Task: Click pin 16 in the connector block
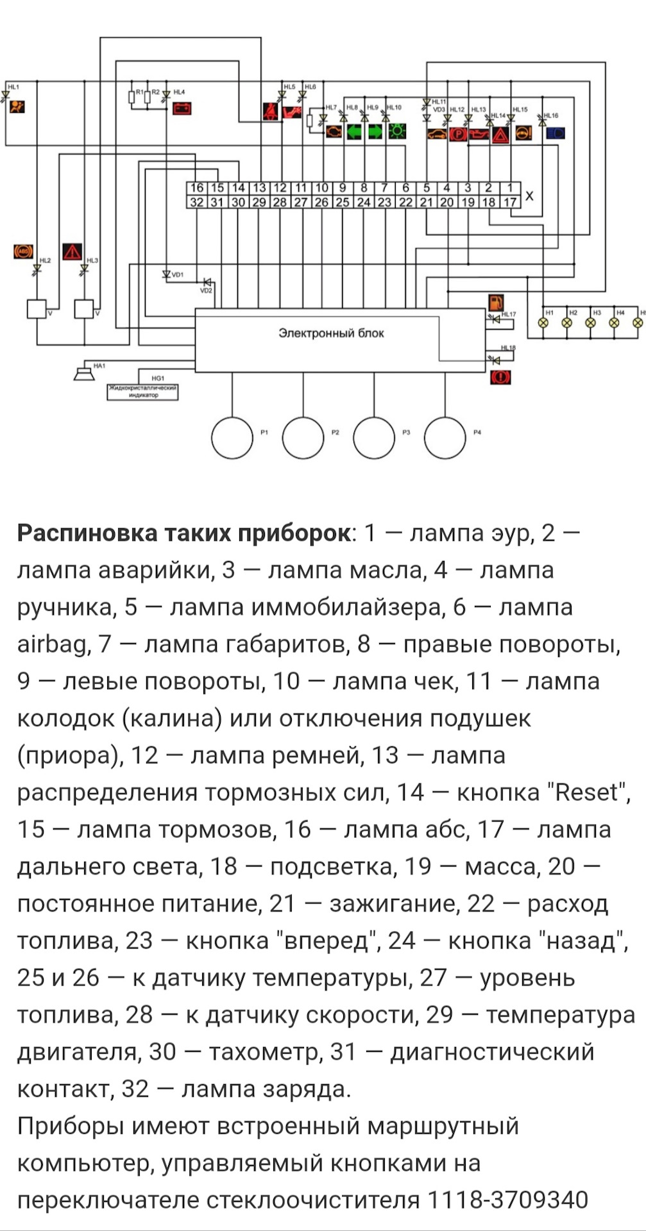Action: tap(197, 188)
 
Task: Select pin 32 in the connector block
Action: tap(197, 203)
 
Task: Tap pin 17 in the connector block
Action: tap(510, 203)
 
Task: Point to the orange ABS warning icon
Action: tap(23, 251)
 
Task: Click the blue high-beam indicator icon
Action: tap(555, 134)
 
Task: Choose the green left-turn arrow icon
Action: tap(354, 133)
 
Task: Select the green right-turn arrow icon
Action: tap(375, 133)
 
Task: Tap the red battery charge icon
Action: tap(182, 108)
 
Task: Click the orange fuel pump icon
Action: tap(496, 303)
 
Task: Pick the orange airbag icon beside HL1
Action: tap(17, 106)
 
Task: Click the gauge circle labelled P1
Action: tap(232, 438)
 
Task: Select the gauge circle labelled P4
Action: tap(445, 438)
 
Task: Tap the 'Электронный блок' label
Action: tap(331, 333)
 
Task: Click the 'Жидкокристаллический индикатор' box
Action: tap(142, 392)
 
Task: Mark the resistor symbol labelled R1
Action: tap(132, 97)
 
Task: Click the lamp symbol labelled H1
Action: tap(543, 322)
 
